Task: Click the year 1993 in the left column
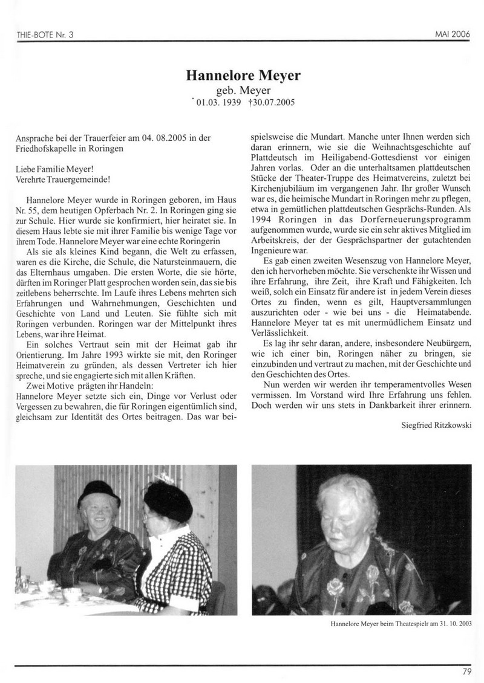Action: [x=106, y=354]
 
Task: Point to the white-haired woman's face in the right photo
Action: [x=345, y=508]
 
